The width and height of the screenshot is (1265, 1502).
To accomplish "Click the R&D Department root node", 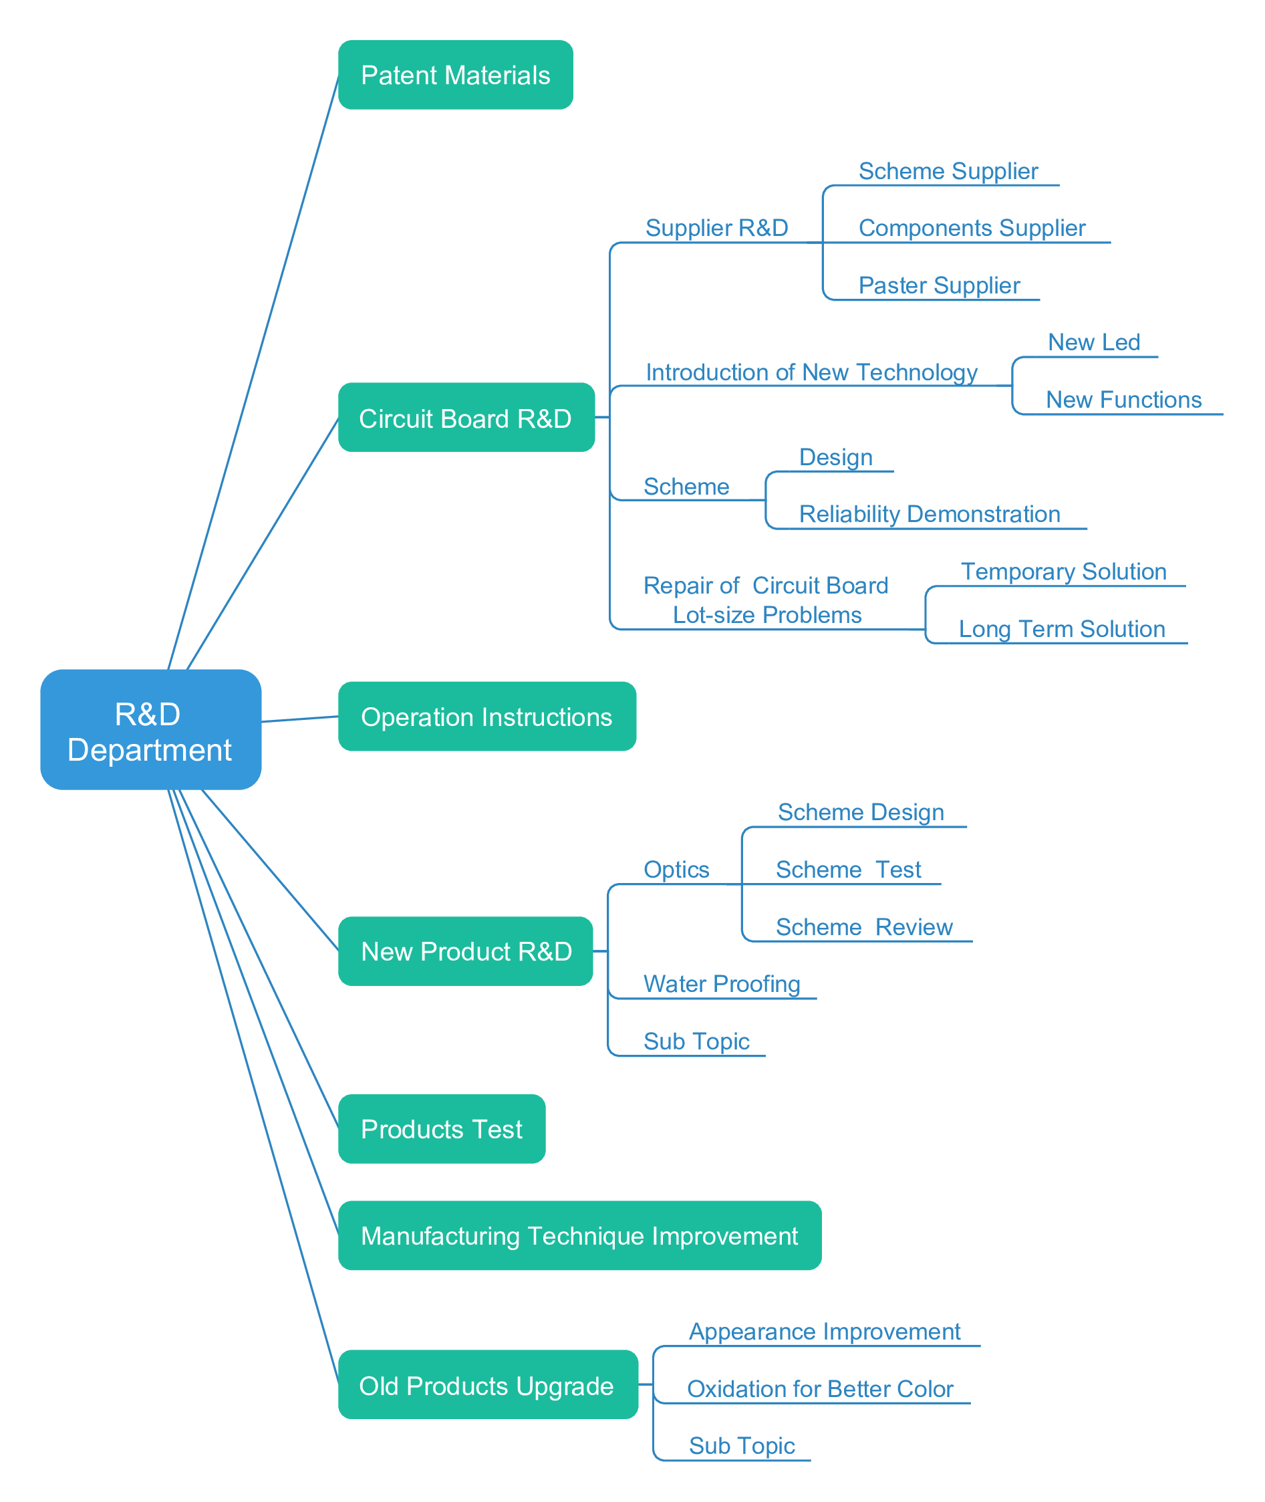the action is (150, 729).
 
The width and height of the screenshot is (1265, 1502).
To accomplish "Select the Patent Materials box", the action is (455, 75).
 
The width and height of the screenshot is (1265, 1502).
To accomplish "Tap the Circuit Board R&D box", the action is (466, 418).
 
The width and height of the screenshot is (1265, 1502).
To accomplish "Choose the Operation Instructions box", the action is (487, 716).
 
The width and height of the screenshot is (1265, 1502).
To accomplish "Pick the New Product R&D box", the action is (465, 951).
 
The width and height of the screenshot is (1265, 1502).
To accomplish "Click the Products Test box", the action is (442, 1129).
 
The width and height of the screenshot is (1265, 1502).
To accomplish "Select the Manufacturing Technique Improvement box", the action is (579, 1236).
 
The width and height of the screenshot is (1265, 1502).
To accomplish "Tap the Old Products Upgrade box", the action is (488, 1384).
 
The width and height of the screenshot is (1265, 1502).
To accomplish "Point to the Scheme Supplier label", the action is (948, 171).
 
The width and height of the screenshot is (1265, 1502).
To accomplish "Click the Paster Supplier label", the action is (940, 285).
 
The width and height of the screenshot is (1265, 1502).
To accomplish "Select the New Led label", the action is (1095, 342).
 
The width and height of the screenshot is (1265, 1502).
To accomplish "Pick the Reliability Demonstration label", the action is (930, 514).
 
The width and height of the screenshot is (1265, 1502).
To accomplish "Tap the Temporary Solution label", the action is (1063, 572).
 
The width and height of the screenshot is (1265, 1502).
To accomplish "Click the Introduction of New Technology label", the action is (812, 372).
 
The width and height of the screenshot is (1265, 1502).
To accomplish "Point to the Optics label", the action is (676, 870).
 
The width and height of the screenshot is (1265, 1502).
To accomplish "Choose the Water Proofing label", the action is (722, 984).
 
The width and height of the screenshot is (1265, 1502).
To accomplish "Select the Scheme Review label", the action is (864, 927).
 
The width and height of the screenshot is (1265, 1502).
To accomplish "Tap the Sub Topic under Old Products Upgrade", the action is (742, 1446).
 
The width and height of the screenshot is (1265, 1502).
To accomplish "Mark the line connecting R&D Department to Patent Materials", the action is (254, 372).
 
